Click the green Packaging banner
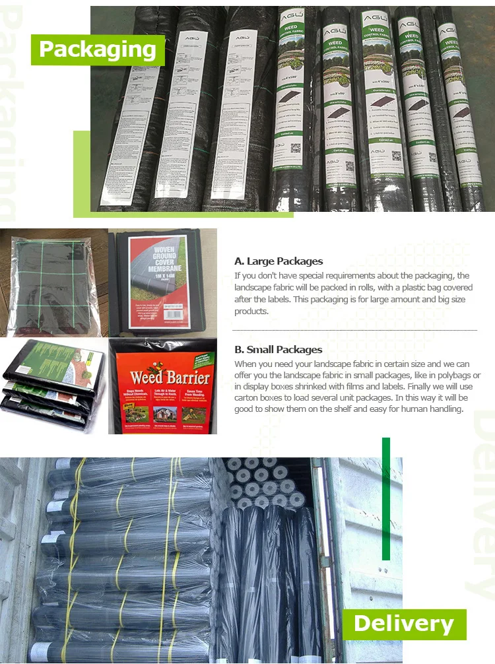[98, 50]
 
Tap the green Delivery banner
[404, 624]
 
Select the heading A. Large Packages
[279, 261]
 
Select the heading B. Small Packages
[278, 350]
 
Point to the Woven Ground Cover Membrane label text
[162, 261]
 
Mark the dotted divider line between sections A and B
[354, 330]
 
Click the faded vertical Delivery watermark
[480, 502]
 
